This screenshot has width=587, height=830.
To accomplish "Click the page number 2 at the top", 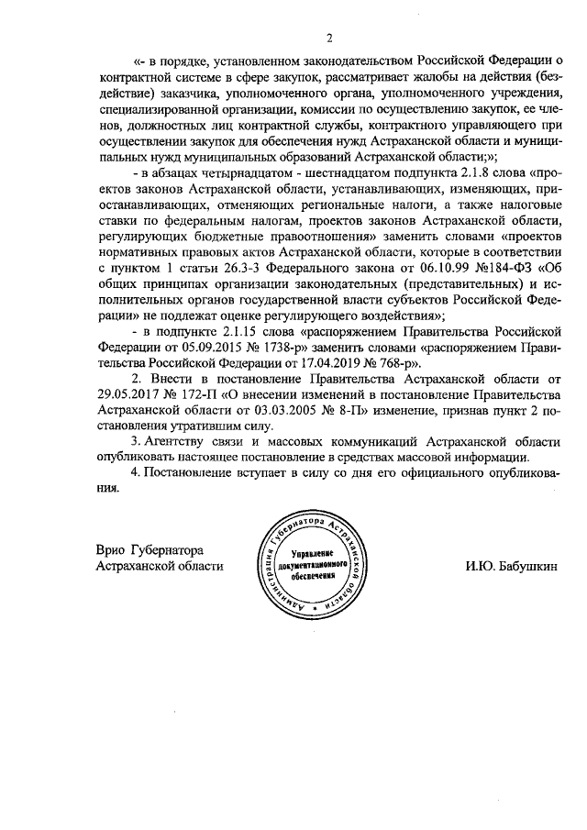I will pyautogui.click(x=327, y=38).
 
